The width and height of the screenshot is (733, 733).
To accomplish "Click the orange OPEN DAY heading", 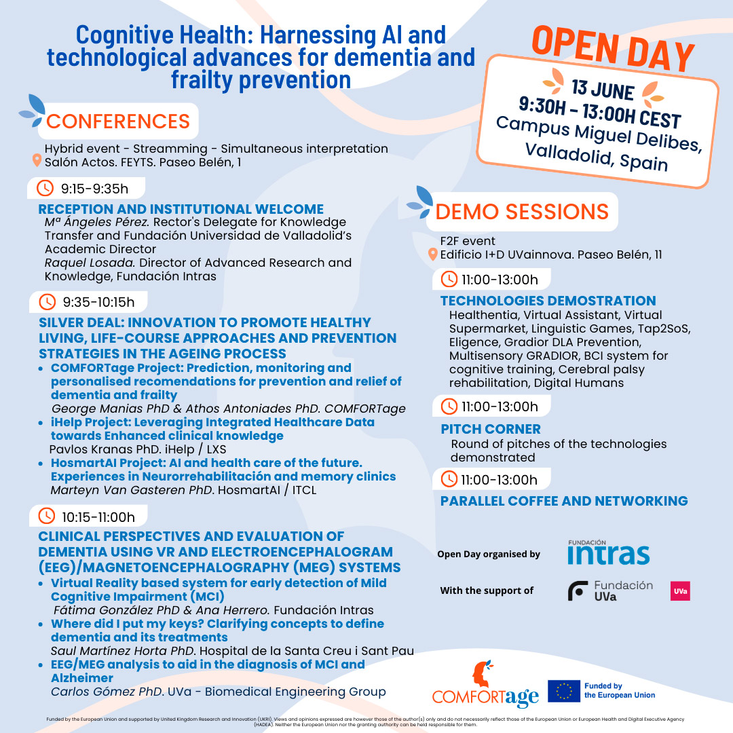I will (613, 50).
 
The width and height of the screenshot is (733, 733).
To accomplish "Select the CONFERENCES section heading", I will (117, 121).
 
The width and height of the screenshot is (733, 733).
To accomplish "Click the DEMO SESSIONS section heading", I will (521, 212).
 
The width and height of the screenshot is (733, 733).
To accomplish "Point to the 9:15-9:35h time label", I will (94, 188).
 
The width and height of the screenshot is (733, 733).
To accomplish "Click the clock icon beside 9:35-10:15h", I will (47, 301).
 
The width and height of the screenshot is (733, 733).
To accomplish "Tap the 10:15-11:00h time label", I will (98, 516).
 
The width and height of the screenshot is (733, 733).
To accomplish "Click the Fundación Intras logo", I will (608, 552).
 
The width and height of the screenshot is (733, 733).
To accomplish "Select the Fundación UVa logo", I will (611, 590).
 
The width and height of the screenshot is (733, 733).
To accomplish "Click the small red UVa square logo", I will (680, 590).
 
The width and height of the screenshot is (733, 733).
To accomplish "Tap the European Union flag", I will (563, 691).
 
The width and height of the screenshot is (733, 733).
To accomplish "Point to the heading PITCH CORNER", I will (491, 429).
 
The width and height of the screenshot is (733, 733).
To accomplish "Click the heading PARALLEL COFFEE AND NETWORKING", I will (564, 501).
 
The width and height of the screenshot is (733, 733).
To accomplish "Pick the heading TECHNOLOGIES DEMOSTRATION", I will (548, 301).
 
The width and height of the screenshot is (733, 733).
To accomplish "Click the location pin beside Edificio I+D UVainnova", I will (432, 255).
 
